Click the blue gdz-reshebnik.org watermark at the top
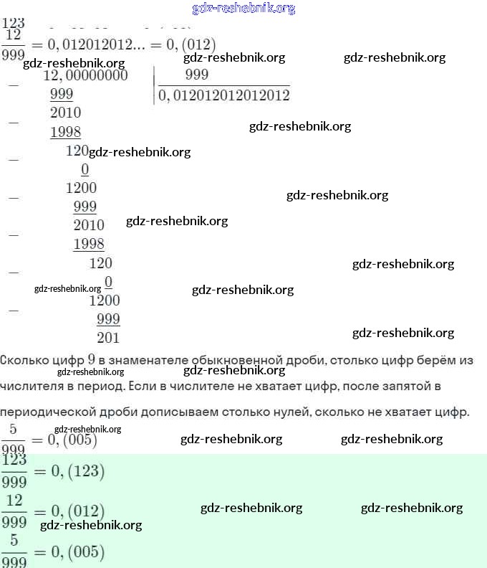click(243, 9)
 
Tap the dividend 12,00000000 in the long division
click(86, 75)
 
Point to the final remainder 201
click(108, 338)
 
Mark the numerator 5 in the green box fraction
click(14, 540)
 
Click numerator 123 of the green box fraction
click(14, 460)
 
